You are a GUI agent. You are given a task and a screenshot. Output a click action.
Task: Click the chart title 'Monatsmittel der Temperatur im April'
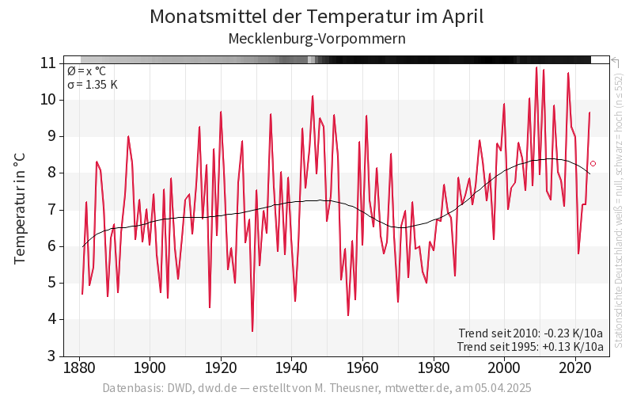pyautogui.click(x=316, y=17)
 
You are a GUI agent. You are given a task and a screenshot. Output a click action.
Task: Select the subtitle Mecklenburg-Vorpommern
pyautogui.click(x=316, y=38)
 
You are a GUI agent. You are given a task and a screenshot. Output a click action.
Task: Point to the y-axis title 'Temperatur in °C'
pyautogui.click(x=21, y=209)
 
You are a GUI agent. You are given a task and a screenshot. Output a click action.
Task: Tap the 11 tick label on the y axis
pyautogui.click(x=48, y=63)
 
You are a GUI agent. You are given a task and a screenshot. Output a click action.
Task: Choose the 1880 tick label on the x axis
pyautogui.click(x=79, y=368)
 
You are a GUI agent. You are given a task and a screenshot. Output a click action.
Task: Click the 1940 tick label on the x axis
pyautogui.click(x=292, y=368)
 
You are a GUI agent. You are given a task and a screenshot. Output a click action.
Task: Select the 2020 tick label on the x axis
pyautogui.click(x=575, y=368)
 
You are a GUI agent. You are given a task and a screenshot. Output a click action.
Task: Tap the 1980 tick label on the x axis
pyautogui.click(x=434, y=368)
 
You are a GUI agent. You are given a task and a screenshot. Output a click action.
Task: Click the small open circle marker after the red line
pyautogui.click(x=593, y=163)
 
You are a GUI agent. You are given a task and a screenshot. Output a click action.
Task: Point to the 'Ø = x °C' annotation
pyautogui.click(x=88, y=70)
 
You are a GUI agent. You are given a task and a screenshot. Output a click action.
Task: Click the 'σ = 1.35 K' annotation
pyautogui.click(x=93, y=85)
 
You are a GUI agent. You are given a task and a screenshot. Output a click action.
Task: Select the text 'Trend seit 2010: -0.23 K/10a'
pyautogui.click(x=531, y=333)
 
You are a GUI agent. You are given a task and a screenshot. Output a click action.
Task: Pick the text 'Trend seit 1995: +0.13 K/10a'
pyautogui.click(x=531, y=346)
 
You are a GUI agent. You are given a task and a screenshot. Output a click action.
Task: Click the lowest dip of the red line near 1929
pyautogui.click(x=252, y=331)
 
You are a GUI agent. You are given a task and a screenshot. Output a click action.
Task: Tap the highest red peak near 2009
pyautogui.click(x=536, y=68)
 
